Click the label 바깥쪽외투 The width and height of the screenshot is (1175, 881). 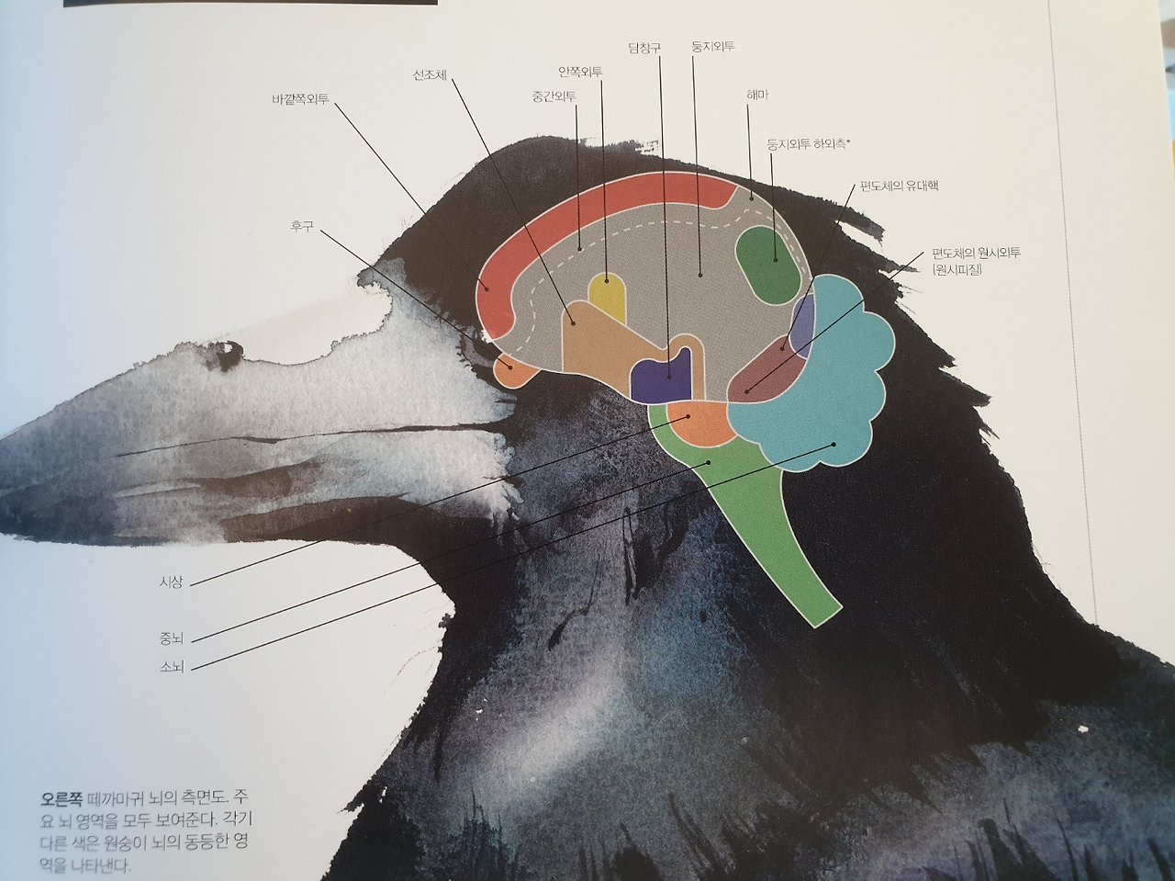pyautogui.click(x=300, y=96)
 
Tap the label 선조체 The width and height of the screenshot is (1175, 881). pyautogui.click(x=430, y=75)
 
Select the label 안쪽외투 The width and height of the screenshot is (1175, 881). pyautogui.click(x=579, y=72)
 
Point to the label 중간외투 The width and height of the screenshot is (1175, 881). pyautogui.click(x=554, y=96)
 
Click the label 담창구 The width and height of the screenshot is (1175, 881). pyautogui.click(x=644, y=48)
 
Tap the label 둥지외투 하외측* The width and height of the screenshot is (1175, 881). pyautogui.click(x=809, y=143)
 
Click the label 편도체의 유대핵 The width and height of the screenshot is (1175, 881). pyautogui.click(x=899, y=186)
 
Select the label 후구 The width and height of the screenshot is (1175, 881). pyautogui.click(x=303, y=225)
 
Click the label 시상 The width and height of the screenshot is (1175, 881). pyautogui.click(x=172, y=582)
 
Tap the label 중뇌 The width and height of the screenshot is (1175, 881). pyautogui.click(x=172, y=637)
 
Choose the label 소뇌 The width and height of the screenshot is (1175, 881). pyautogui.click(x=172, y=667)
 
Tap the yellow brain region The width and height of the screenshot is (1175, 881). pyautogui.click(x=607, y=296)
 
